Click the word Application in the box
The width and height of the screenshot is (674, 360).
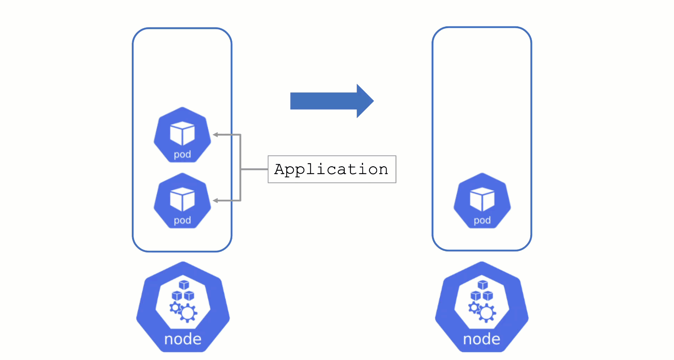[x=331, y=169]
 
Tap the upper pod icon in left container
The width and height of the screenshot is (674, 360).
[x=182, y=135]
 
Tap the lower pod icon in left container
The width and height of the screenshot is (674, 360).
[x=182, y=201]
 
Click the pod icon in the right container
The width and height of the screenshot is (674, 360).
[x=482, y=201]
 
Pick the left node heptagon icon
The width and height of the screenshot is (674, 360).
[x=183, y=307]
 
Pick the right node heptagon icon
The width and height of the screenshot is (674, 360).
[x=481, y=307]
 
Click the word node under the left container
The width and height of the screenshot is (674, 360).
[x=183, y=339]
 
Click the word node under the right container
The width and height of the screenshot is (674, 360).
[x=481, y=339]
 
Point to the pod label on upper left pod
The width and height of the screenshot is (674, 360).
[x=182, y=155]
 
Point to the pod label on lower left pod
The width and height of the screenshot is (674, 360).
[x=182, y=220]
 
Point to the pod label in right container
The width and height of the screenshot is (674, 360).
[x=482, y=220]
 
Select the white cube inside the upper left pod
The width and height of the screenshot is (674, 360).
[x=182, y=133]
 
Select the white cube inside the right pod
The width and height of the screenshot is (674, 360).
[x=482, y=199]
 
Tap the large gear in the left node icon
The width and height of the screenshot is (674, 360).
[x=188, y=313]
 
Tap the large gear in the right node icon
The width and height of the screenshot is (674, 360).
[x=487, y=313]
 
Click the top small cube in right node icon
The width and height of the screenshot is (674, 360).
[x=482, y=284]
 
